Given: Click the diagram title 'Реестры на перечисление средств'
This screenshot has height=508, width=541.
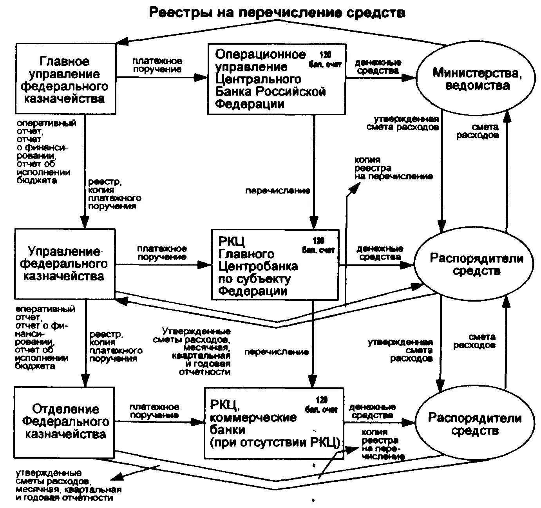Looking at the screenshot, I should point(277,13).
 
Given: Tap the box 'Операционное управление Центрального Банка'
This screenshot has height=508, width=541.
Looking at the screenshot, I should point(276,79).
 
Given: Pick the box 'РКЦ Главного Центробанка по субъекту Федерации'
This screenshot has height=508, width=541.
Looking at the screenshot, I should point(274,265).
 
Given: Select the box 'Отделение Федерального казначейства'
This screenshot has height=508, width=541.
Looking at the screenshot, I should point(65,422).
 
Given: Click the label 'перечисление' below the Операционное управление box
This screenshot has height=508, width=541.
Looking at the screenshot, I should point(278,191).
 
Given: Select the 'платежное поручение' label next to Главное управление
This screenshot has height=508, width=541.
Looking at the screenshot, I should point(157,65).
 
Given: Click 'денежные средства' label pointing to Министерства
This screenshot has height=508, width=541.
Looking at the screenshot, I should point(378,67).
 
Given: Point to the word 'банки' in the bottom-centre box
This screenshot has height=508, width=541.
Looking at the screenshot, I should point(227,430).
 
